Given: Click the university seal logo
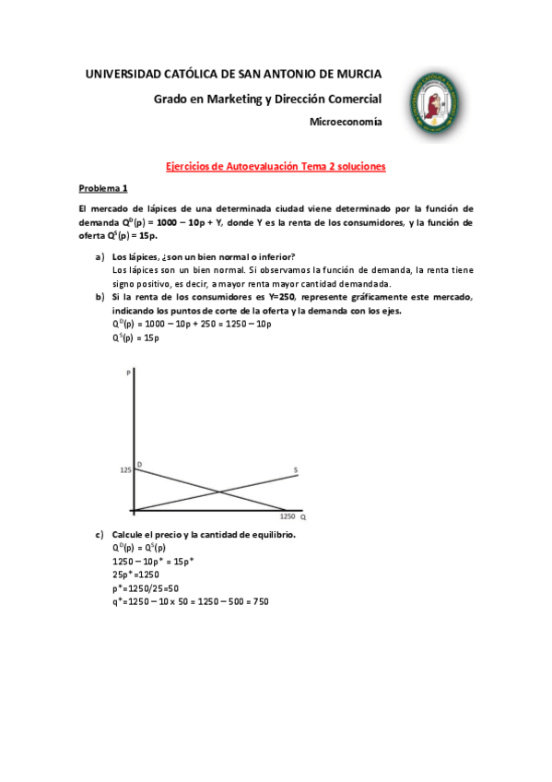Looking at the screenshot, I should [x=434, y=101].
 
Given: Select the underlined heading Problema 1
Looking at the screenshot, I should [x=102, y=187].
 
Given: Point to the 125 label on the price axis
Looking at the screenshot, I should [x=124, y=470].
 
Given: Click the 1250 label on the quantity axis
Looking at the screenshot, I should [x=288, y=517].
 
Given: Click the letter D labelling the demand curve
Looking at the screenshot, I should [x=139, y=463].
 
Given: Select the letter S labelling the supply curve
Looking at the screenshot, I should [x=295, y=470].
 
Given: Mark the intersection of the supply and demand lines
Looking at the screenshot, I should [x=219, y=492].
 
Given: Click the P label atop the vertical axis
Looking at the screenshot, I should [x=126, y=373].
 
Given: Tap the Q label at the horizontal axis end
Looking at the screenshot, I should [x=302, y=518].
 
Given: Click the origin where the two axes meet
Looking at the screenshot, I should [x=134, y=510].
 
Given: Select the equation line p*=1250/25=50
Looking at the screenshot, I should [x=146, y=587].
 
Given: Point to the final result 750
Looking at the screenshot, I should [x=261, y=601].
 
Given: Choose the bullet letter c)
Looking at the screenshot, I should [x=99, y=535].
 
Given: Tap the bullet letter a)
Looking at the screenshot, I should [x=99, y=256].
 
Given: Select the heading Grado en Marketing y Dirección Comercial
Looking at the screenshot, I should [x=267, y=99].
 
